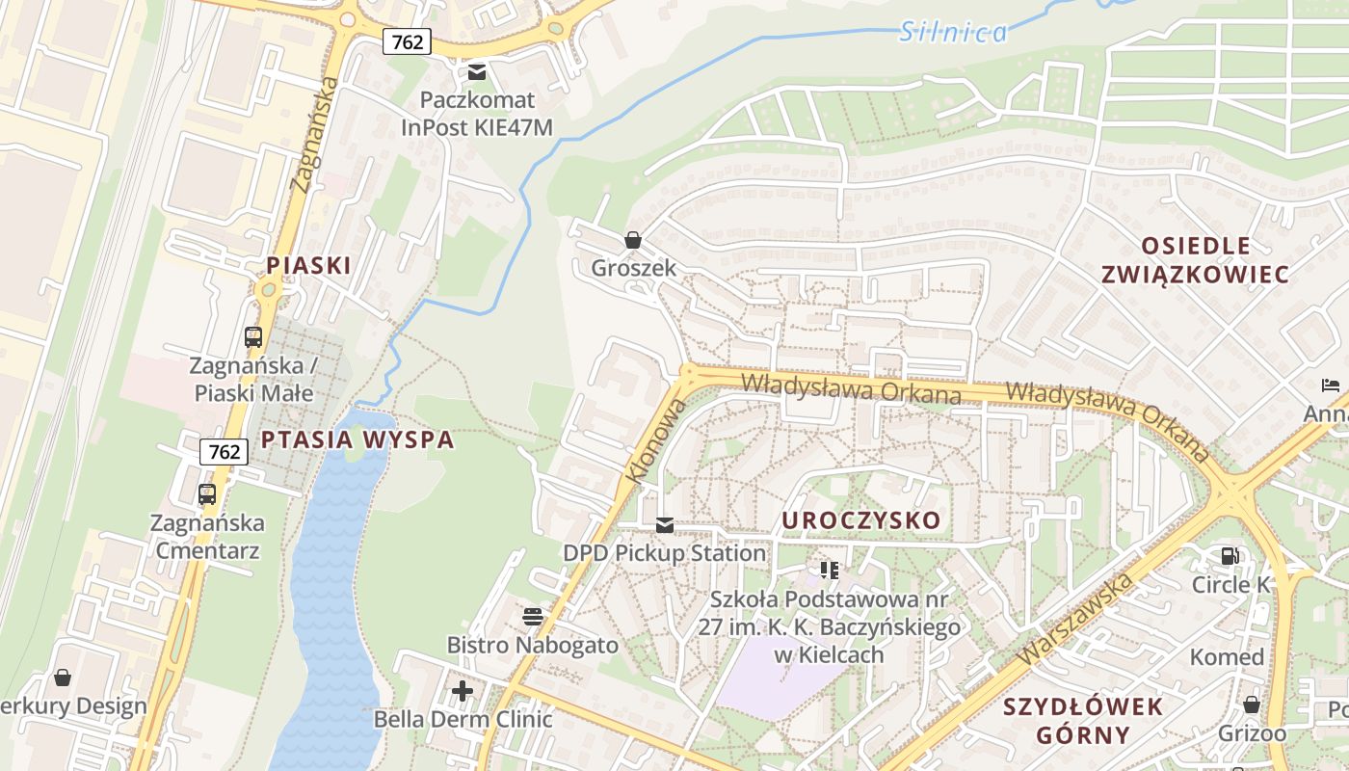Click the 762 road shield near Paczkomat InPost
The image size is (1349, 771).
407,41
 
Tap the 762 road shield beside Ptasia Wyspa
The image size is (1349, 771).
224,451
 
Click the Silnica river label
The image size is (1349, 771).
953,33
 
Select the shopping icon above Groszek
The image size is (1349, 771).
633,240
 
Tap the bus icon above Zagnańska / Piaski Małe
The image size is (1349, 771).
253,337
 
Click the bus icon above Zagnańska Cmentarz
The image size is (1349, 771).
207,494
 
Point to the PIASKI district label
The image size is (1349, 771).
308,265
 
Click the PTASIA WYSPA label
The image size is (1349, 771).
357,440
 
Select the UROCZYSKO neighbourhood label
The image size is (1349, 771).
860,520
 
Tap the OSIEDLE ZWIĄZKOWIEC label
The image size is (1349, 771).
1195,260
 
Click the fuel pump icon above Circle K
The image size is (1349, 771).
1230,556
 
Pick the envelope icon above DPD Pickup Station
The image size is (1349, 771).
665,525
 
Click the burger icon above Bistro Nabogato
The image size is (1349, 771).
532,616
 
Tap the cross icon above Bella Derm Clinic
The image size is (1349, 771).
463,690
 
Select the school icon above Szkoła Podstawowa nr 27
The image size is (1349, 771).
830,570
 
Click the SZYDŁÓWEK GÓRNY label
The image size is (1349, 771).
1083,720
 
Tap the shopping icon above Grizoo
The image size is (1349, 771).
1252,705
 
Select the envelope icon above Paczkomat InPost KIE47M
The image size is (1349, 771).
476,72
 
